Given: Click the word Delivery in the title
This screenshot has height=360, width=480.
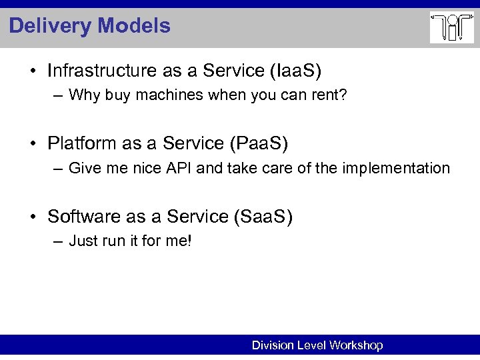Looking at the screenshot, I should tap(51, 26).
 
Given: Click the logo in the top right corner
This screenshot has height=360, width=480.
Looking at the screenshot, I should tap(451, 28).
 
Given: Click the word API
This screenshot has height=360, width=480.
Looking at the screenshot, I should tap(181, 168).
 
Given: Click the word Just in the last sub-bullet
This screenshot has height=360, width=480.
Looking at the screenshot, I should tap(83, 241).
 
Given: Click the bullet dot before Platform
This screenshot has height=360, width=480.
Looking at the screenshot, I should tap(38, 144).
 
